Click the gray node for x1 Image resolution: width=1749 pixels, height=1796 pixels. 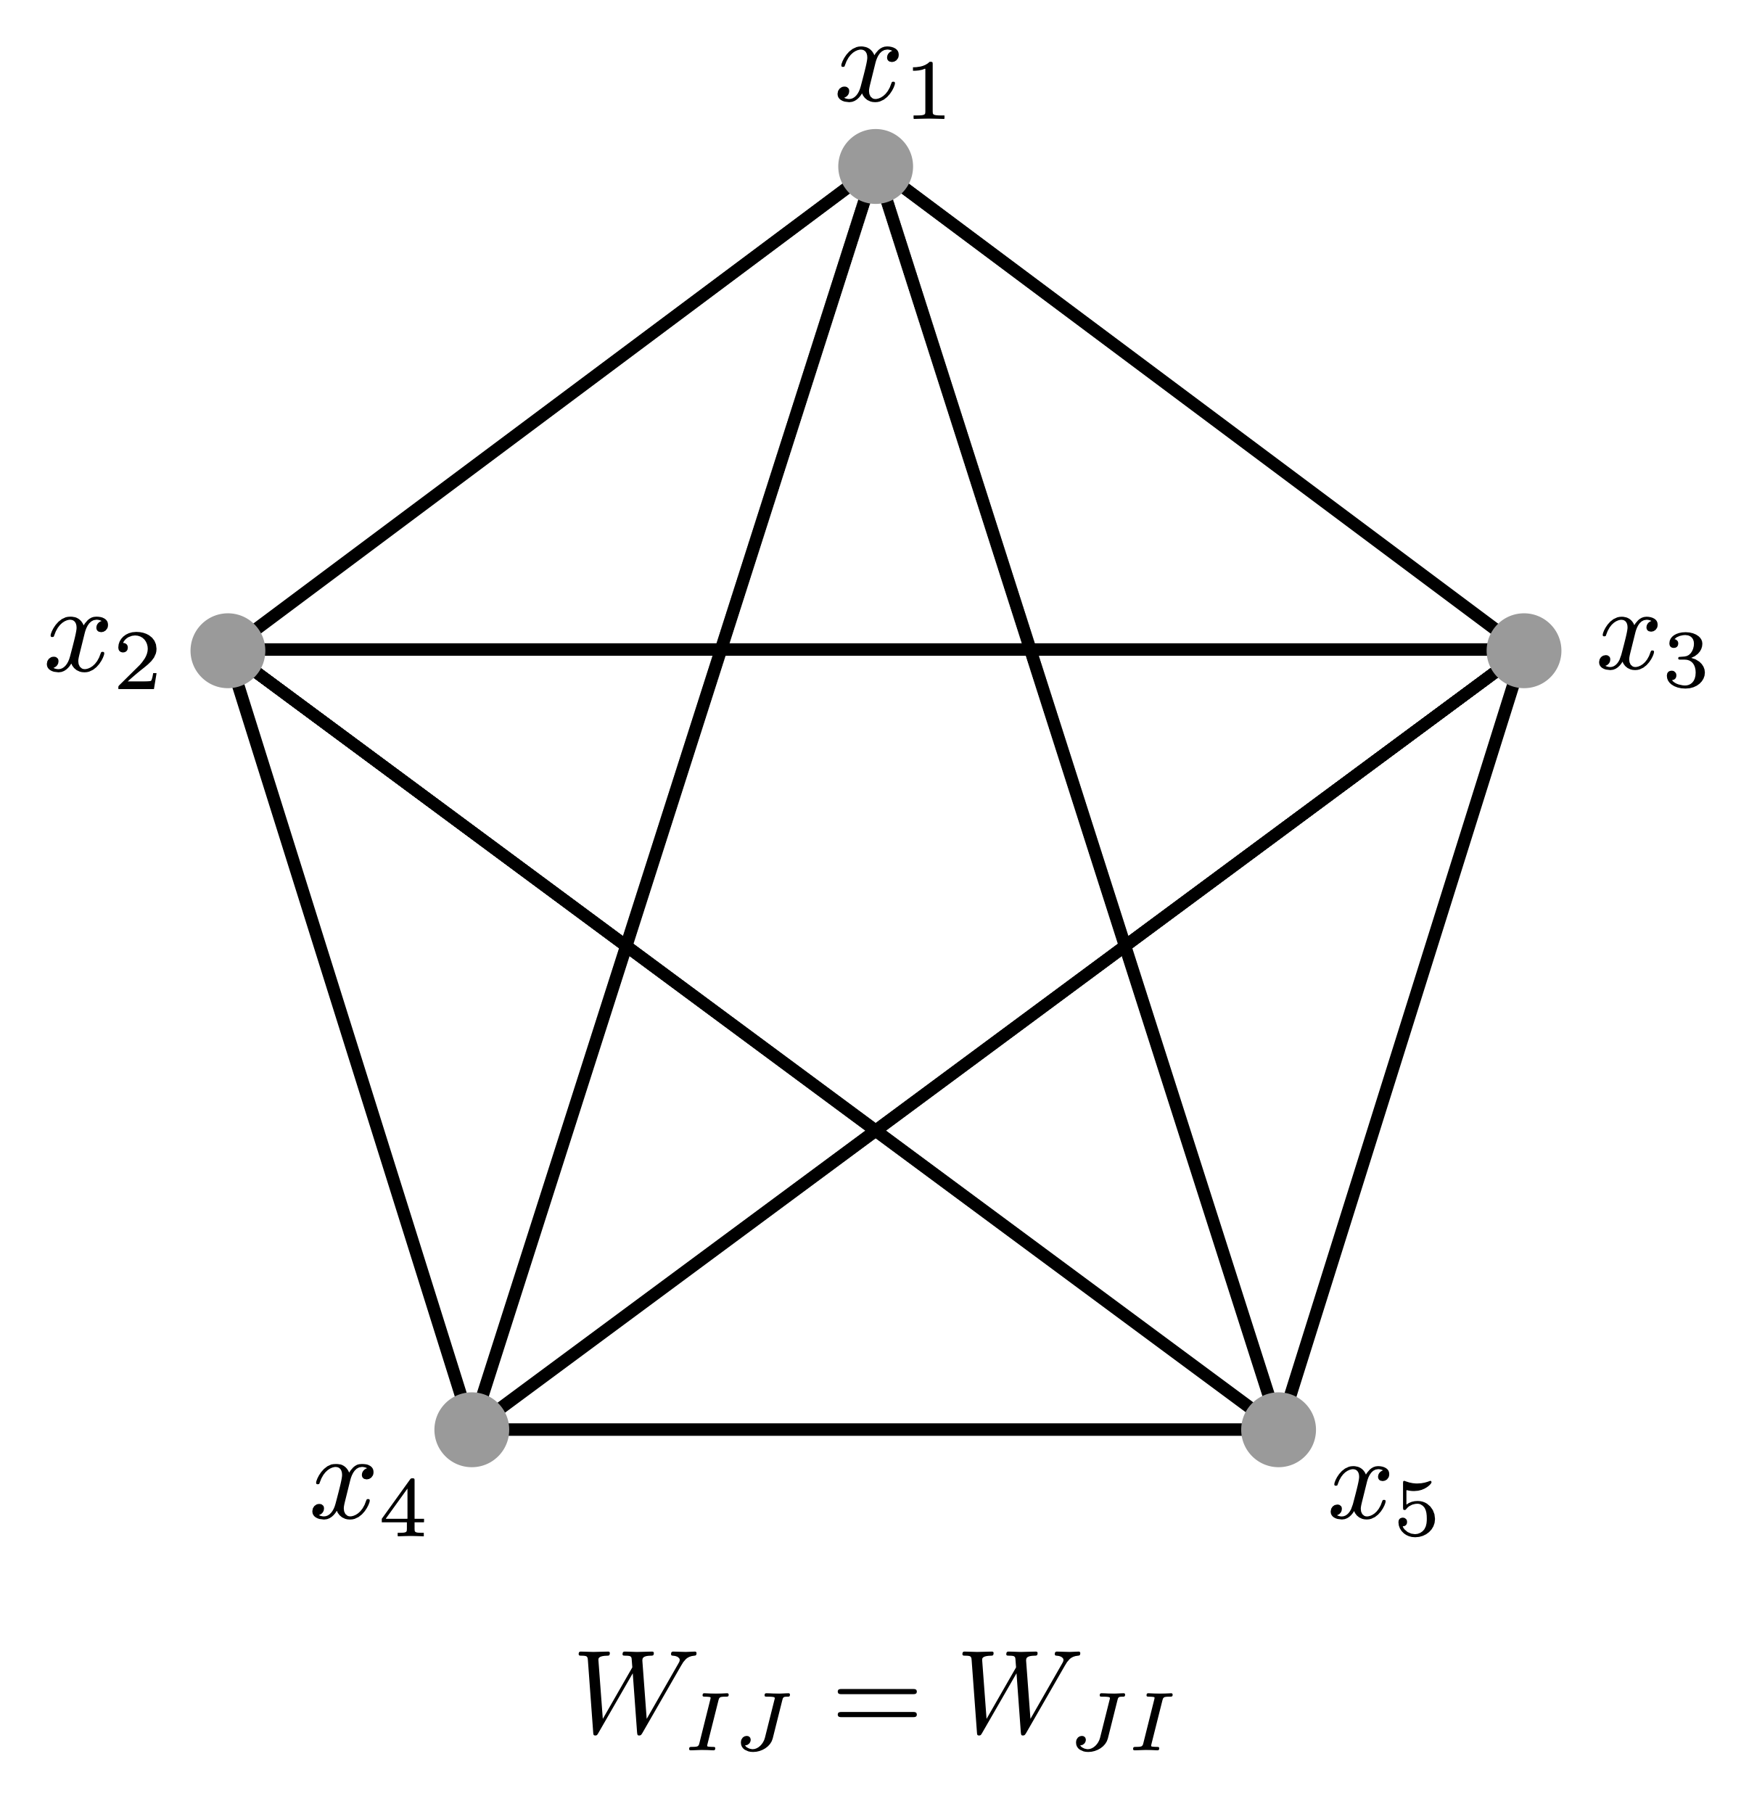tap(876, 166)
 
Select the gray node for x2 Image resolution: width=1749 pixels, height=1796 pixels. tap(228, 651)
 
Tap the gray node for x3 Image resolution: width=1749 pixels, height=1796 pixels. tap(1524, 651)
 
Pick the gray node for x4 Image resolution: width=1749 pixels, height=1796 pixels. tap(472, 1430)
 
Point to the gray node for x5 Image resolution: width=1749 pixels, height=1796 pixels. tap(1279, 1430)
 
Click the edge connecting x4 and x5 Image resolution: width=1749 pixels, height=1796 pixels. tap(876, 1430)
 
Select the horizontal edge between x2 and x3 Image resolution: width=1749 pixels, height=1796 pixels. tap(876, 651)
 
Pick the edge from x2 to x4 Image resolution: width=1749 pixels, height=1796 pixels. tap(350, 1040)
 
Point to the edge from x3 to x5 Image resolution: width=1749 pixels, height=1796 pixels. tap(1401, 1040)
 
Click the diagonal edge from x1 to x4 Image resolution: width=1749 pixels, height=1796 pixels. tap(673, 799)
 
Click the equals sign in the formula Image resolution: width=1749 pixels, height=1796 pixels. tap(875, 1699)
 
